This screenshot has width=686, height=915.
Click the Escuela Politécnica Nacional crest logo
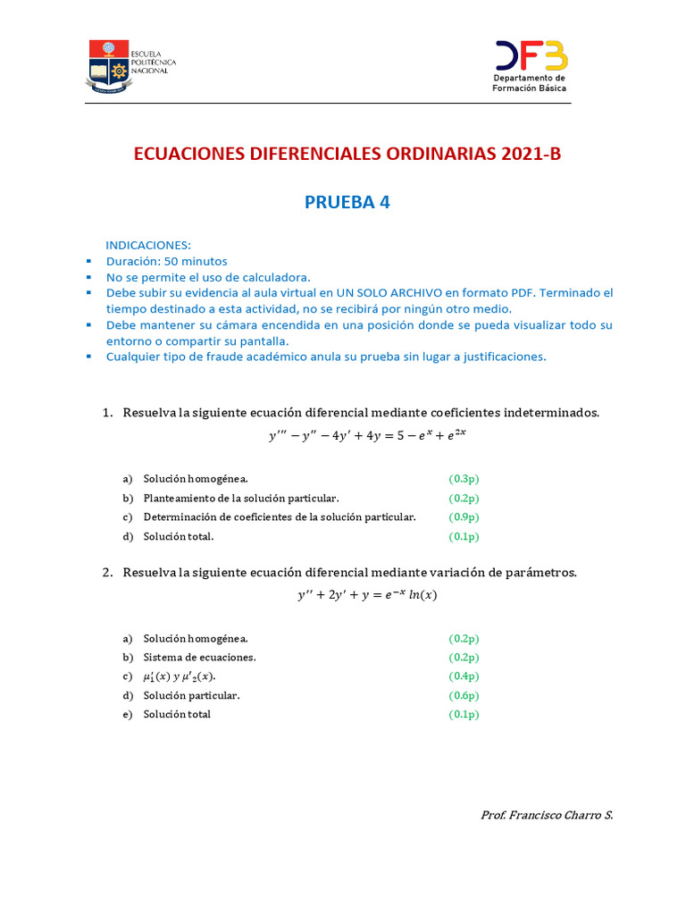pyautogui.click(x=108, y=64)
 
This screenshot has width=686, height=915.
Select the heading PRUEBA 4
pyautogui.click(x=347, y=203)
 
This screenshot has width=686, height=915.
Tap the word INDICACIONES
pyautogui.click(x=148, y=245)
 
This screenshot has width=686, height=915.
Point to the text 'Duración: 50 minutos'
pyautogui.click(x=166, y=261)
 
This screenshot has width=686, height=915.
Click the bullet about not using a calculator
pyautogui.click(x=208, y=277)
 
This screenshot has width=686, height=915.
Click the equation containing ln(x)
pyautogui.click(x=367, y=596)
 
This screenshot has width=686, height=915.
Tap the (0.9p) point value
pyautogui.click(x=464, y=517)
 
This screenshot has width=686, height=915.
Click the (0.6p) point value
pyautogui.click(x=464, y=695)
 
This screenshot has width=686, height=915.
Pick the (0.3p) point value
pyautogui.click(x=464, y=479)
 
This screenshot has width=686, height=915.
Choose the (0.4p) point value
pyautogui.click(x=464, y=676)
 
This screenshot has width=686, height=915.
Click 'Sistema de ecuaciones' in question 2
pyautogui.click(x=199, y=658)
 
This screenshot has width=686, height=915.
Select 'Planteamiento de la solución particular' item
pyautogui.click(x=241, y=499)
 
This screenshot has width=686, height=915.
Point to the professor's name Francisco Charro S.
pyautogui.click(x=547, y=815)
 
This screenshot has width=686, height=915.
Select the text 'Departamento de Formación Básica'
pyautogui.click(x=530, y=83)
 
